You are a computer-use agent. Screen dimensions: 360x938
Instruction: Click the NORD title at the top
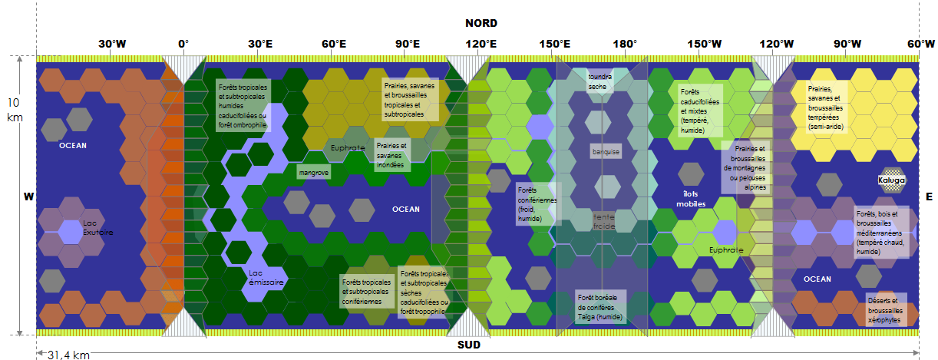(x=481, y=23)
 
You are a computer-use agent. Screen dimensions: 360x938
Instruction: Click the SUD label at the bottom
(x=468, y=345)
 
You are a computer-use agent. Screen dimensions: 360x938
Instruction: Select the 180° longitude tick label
(x=625, y=44)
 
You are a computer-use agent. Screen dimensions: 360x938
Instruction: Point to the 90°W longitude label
(x=847, y=44)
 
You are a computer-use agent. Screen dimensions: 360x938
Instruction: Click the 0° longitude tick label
(x=183, y=44)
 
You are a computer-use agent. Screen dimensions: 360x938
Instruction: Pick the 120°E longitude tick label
(x=481, y=44)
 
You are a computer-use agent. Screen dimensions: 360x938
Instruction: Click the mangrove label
(x=313, y=173)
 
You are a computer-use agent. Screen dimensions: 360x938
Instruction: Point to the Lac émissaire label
(x=266, y=277)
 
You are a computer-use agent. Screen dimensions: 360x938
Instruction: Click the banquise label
(x=606, y=152)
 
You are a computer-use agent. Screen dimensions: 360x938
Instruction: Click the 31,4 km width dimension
(x=69, y=355)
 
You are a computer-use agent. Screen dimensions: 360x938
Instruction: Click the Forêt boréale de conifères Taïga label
(x=602, y=306)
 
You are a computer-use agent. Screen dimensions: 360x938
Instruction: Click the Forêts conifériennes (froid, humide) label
(x=537, y=203)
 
